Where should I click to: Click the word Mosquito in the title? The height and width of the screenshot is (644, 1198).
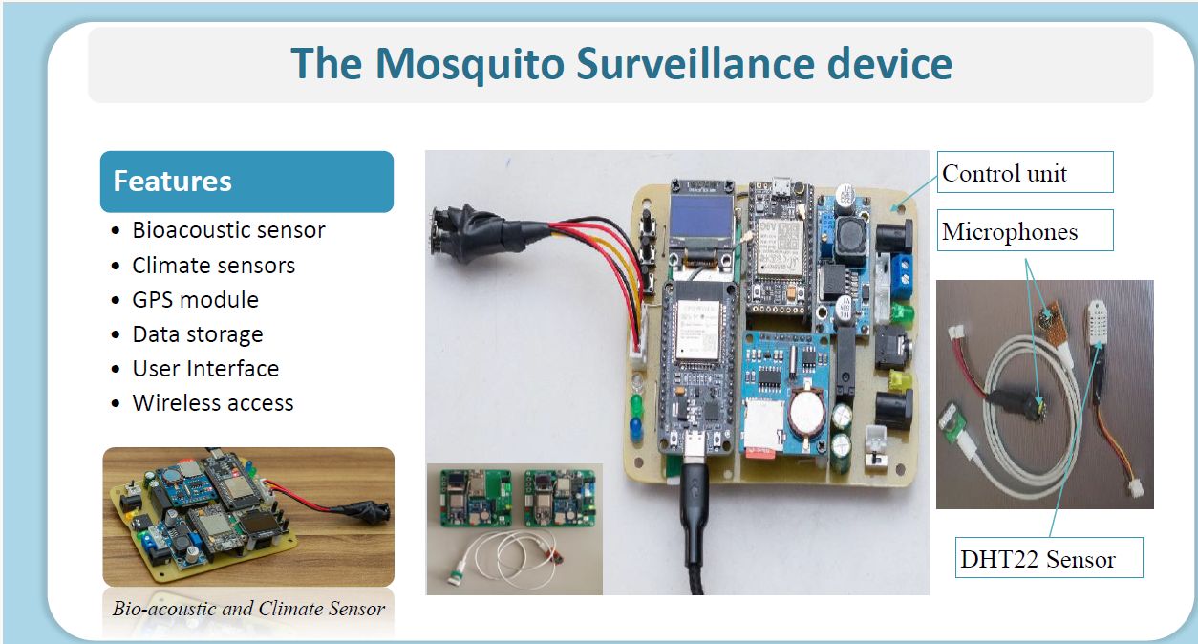click(470, 64)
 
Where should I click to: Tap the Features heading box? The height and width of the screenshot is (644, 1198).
click(246, 182)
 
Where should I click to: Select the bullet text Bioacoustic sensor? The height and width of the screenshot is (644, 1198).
click(228, 230)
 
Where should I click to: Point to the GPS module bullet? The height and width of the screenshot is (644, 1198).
click(195, 299)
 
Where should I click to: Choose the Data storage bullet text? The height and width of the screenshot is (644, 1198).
click(198, 334)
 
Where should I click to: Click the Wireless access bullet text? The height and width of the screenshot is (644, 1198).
click(213, 403)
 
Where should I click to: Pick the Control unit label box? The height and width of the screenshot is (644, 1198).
click(1025, 172)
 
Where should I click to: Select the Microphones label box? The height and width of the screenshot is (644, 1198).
click(1025, 230)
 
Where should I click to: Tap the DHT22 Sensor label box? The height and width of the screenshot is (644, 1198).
click(1049, 558)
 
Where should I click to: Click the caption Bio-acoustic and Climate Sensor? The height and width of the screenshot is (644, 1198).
click(248, 609)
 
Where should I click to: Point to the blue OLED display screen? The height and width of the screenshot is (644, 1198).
click(701, 221)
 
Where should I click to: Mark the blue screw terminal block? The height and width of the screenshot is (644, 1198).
click(902, 276)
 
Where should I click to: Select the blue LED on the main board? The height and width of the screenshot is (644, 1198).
click(636, 428)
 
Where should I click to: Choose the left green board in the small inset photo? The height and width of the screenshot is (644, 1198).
click(475, 498)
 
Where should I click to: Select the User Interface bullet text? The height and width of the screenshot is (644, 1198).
click(205, 369)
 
